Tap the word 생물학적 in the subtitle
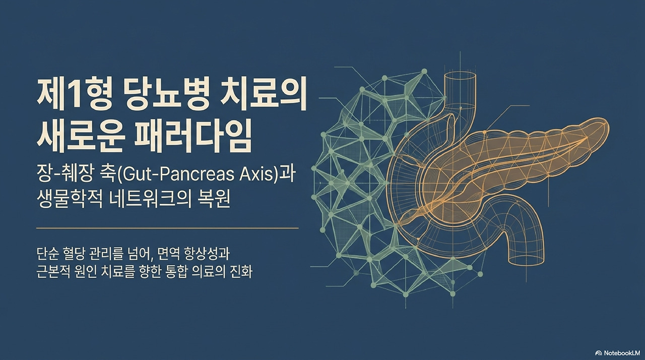tap(70, 199)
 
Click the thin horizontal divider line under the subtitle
tap(167, 228)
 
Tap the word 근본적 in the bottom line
tap(53, 272)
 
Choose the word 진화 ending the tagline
tap(241, 272)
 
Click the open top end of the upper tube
tap(460, 76)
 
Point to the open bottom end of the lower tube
tap(527, 260)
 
